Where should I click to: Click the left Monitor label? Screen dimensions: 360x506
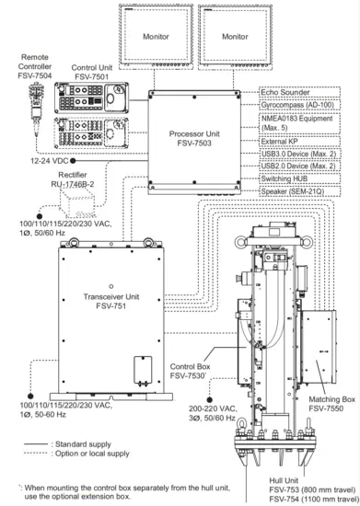click(156, 37)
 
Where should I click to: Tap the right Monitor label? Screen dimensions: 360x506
click(235, 37)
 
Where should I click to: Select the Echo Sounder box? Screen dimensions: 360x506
click(299, 92)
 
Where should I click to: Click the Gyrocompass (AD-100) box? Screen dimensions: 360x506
click(299, 105)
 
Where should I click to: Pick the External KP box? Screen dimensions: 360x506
click(299, 142)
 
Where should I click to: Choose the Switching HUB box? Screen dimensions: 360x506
click(299, 178)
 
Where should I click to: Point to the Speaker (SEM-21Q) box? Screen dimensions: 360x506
click(299, 191)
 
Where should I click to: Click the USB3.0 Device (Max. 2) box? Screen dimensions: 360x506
click(299, 154)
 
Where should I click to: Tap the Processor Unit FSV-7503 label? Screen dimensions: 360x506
click(194, 138)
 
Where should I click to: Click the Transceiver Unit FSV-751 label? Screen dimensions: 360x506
click(111, 301)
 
